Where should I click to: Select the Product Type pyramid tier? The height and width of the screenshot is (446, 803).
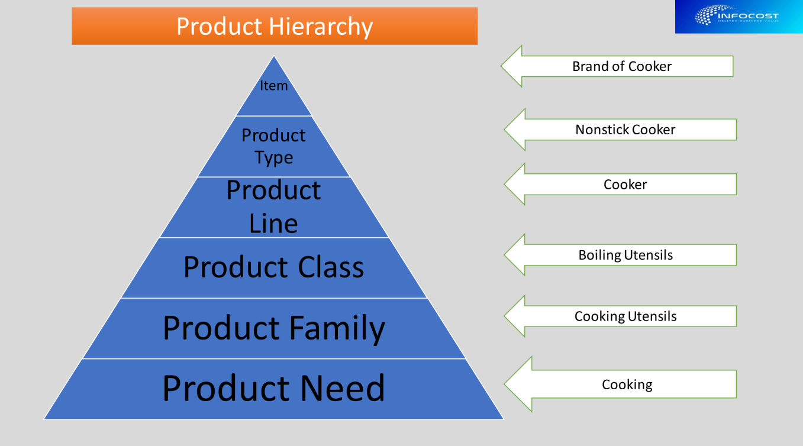[x=273, y=146]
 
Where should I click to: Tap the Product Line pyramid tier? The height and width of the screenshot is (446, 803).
[x=273, y=206]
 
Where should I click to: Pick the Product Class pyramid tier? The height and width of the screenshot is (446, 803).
[x=273, y=267]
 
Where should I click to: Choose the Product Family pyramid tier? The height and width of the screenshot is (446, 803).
[x=273, y=328]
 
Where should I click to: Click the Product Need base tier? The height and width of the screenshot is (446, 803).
[x=273, y=389]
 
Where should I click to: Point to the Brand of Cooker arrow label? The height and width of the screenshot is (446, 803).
[x=622, y=66]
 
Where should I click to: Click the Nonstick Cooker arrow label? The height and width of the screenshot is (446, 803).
[x=625, y=130]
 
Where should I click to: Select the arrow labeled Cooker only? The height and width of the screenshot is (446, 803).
[x=625, y=185]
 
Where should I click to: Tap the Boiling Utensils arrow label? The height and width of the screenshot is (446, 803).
[x=625, y=255]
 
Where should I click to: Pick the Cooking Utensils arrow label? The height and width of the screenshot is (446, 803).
[x=625, y=316]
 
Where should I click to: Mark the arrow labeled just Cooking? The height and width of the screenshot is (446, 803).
[x=627, y=384]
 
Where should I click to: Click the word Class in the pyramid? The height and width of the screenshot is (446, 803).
[x=331, y=267]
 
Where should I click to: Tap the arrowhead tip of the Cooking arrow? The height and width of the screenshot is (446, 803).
[x=507, y=384]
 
